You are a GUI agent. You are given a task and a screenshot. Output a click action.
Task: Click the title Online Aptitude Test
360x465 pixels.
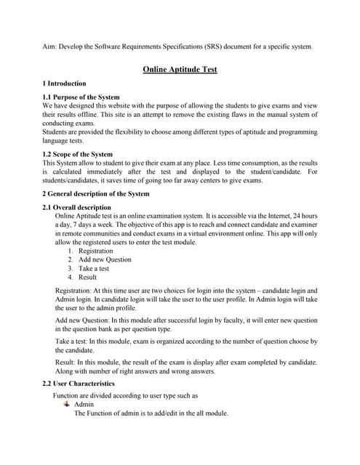coord(180,69)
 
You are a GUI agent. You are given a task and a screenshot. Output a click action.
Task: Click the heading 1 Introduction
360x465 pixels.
coord(64,84)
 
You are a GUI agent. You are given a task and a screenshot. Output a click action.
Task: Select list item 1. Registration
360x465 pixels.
coord(96,251)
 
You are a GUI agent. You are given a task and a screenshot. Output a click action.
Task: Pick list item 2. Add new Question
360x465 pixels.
coord(105,259)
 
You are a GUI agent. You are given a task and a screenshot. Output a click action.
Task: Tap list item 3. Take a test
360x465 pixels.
coord(94,268)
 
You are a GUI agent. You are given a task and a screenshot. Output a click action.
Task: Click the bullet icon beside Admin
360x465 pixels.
coord(67,404)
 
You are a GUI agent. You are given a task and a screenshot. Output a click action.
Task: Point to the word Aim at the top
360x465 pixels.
coord(49,47)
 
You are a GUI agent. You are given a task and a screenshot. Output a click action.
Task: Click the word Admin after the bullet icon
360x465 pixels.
coord(84,404)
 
